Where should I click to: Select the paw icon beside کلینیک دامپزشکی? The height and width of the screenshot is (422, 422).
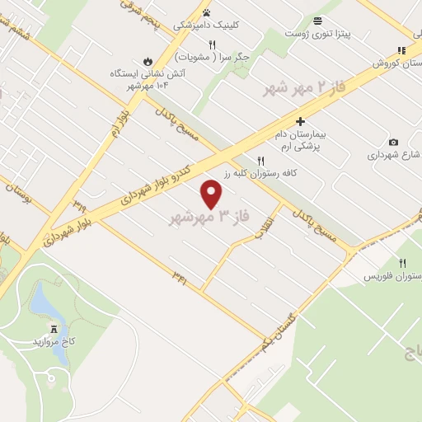point(206,12)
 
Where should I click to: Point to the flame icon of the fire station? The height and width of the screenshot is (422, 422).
point(148,61)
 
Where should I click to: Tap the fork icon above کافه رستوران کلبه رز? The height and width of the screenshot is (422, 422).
point(261,162)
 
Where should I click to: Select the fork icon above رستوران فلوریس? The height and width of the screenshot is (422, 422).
point(403,263)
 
